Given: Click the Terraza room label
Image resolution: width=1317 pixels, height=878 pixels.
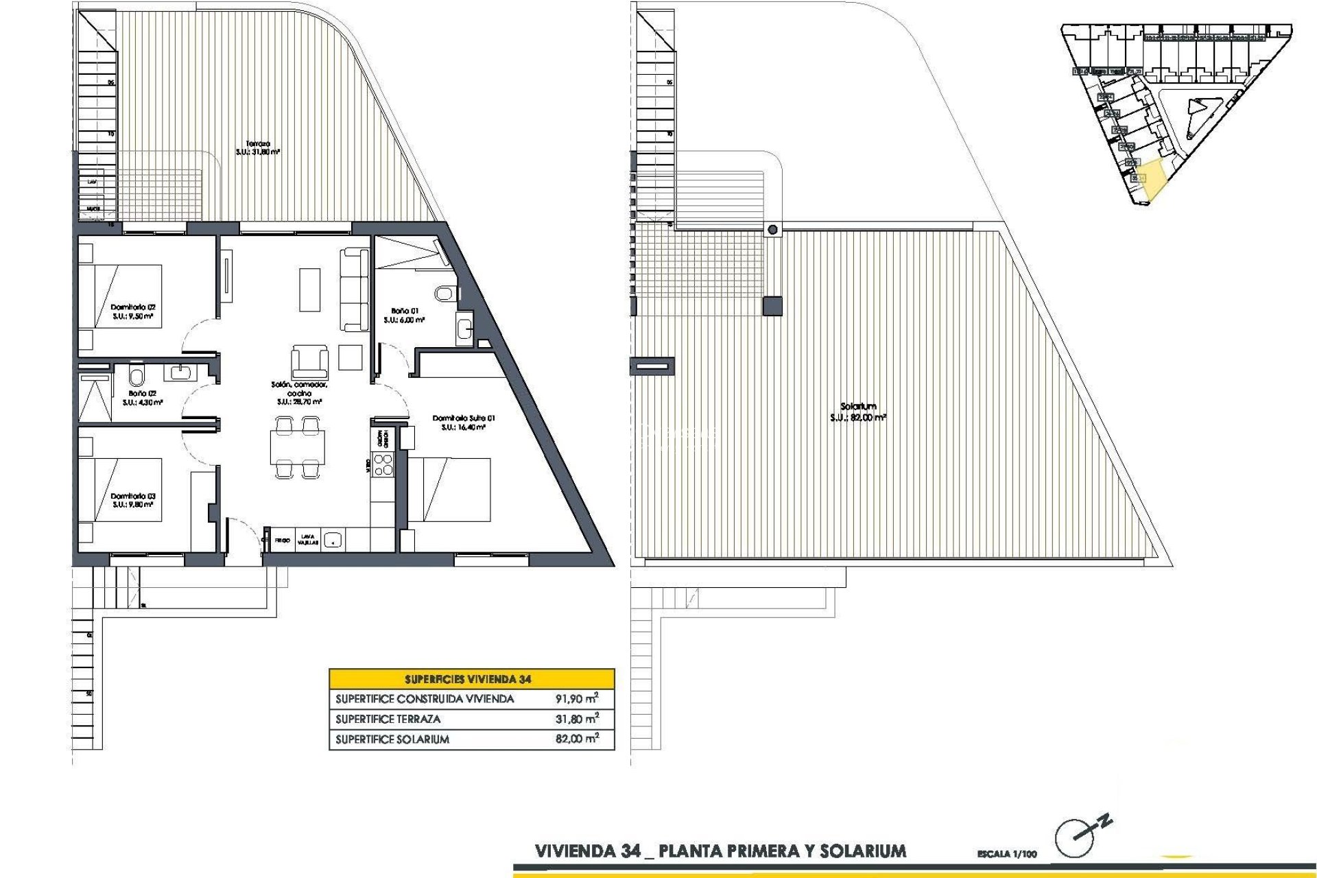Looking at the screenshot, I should [x=258, y=144].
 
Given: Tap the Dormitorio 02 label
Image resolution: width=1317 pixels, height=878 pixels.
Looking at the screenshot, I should [x=133, y=308].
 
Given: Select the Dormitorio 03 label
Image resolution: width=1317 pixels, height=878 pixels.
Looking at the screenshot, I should [x=133, y=496].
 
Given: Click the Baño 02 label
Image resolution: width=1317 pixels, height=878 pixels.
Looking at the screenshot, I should [x=143, y=394].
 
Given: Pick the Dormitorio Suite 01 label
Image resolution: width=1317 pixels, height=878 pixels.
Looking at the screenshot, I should [x=464, y=418].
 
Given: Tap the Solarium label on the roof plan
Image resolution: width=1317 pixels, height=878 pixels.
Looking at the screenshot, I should [x=858, y=407].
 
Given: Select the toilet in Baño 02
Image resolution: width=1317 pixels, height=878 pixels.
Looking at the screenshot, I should [x=137, y=375].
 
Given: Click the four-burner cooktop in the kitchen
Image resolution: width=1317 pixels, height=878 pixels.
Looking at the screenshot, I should [x=383, y=464].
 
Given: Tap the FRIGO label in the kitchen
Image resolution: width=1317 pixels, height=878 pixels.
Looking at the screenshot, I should [x=283, y=541].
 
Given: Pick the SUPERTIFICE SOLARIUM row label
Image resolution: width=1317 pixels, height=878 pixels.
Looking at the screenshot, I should [x=392, y=739].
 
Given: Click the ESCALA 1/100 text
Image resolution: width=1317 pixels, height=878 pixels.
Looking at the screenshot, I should [x=1007, y=854].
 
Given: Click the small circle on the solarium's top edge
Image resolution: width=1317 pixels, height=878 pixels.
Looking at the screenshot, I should [x=773, y=230].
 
